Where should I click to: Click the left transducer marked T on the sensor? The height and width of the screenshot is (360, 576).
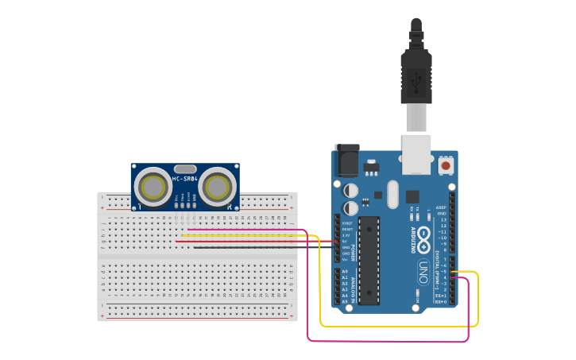click(151, 186)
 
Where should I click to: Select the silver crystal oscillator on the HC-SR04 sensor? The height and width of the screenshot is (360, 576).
click(184, 168)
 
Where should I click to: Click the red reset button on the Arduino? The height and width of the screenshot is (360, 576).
click(446, 166)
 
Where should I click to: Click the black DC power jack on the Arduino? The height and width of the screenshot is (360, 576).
click(346, 161)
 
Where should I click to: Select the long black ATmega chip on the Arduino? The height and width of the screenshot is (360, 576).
click(368, 260)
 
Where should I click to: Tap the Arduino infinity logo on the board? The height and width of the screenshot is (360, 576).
click(424, 234)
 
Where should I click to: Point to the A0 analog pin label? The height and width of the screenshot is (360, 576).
click(345, 272)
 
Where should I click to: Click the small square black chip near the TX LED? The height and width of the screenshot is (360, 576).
click(412, 196)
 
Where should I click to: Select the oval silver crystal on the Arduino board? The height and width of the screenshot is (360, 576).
click(392, 194)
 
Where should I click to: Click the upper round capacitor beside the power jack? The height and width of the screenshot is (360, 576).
click(351, 191)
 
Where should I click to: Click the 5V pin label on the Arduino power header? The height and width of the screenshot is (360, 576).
click(345, 241)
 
